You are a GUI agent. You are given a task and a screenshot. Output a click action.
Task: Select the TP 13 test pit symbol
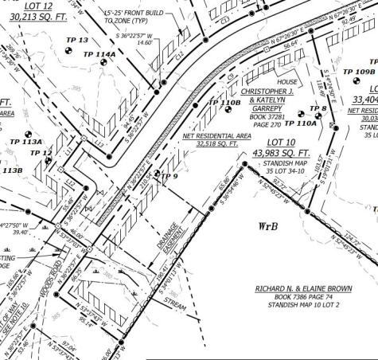pyautogui.click(x=68, y=53)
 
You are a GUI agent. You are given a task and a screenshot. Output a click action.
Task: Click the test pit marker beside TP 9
pyautogui.click(x=157, y=174)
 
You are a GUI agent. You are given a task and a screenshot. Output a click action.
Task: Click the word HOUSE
pyautogui.click(x=286, y=82)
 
